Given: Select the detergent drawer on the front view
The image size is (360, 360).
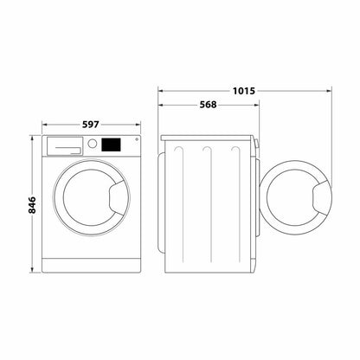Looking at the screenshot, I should [x=62, y=145].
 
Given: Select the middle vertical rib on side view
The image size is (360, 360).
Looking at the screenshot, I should [x=206, y=199].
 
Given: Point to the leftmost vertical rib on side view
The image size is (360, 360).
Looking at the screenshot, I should [x=177, y=199].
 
